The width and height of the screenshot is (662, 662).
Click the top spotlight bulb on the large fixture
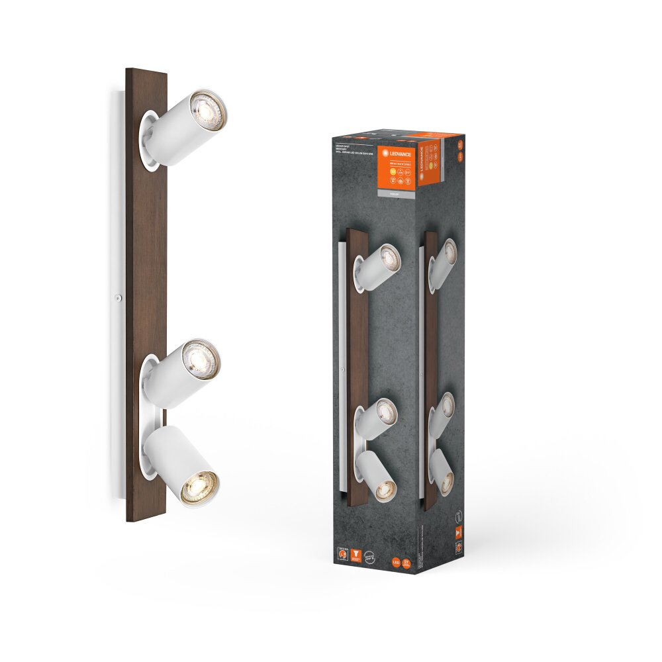(x=208, y=111)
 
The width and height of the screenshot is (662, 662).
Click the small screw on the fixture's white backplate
(x=117, y=298)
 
